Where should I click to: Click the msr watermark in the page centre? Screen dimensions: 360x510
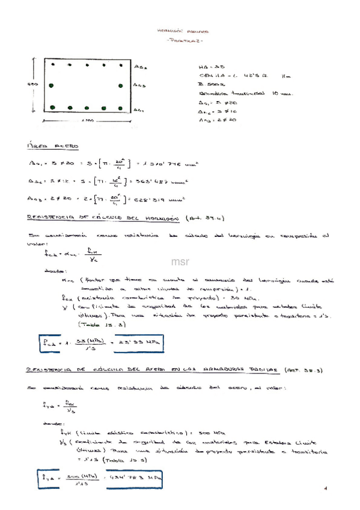pos(180,262)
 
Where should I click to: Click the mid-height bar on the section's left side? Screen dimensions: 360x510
pos(52,85)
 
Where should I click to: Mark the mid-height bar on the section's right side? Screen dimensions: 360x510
pos(121,85)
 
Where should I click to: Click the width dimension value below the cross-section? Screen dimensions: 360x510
pos(87,122)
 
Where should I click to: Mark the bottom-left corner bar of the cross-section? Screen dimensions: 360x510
pos(52,108)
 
